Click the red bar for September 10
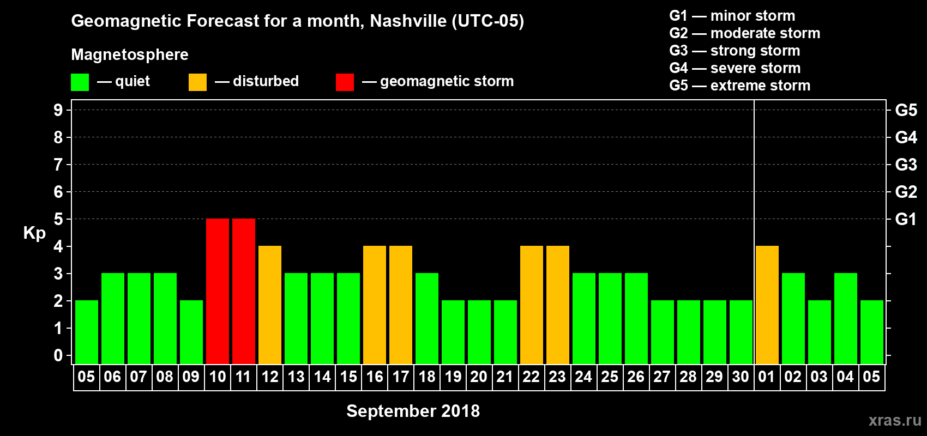218,291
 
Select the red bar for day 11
244,291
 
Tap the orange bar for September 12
270,305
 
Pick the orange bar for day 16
375,305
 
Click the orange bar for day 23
558,305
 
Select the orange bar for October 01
767,305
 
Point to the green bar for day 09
191,332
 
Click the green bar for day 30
741,332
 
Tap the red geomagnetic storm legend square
345,82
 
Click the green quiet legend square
80,82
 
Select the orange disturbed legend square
197,82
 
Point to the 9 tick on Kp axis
58,110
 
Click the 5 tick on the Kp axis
58,219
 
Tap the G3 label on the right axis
906,165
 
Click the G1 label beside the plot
906,219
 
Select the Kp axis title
34,233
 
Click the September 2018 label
413,411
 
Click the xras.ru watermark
895,420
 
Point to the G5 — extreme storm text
739,86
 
